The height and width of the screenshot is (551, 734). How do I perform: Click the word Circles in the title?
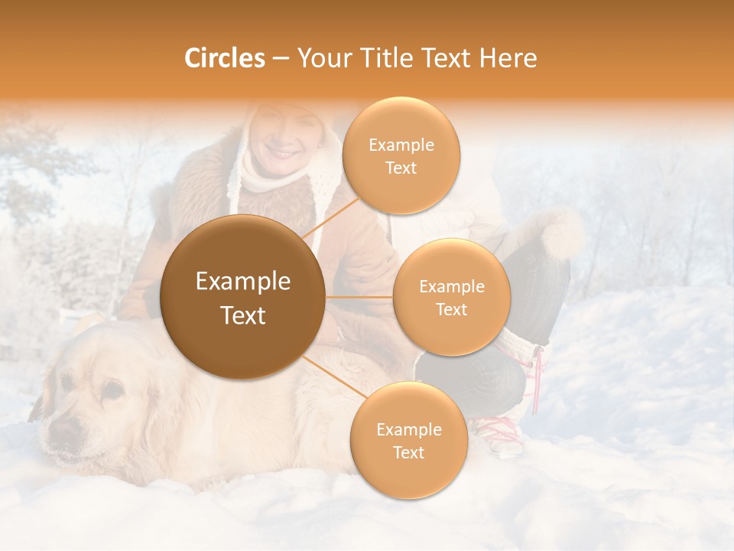coord(224,58)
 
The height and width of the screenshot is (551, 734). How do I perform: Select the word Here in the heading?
coord(508,58)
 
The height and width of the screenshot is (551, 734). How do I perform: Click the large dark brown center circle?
coord(243,297)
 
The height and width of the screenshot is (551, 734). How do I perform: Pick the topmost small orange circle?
coord(401,155)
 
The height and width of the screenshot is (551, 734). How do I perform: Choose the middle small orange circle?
coord(451,297)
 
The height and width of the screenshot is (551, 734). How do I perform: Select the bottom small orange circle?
coord(408,440)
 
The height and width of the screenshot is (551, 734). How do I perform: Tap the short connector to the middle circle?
coord(359,297)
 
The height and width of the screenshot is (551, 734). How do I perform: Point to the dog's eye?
coord(112,392)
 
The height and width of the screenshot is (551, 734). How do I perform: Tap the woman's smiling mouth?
coord(284,154)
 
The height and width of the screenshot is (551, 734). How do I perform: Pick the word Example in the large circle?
coord(243,282)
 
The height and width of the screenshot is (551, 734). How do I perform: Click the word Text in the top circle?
coord(401,168)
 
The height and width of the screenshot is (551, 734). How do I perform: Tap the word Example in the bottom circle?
coord(408,429)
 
